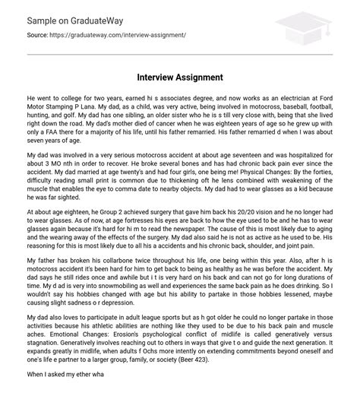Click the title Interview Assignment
click(179, 78)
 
